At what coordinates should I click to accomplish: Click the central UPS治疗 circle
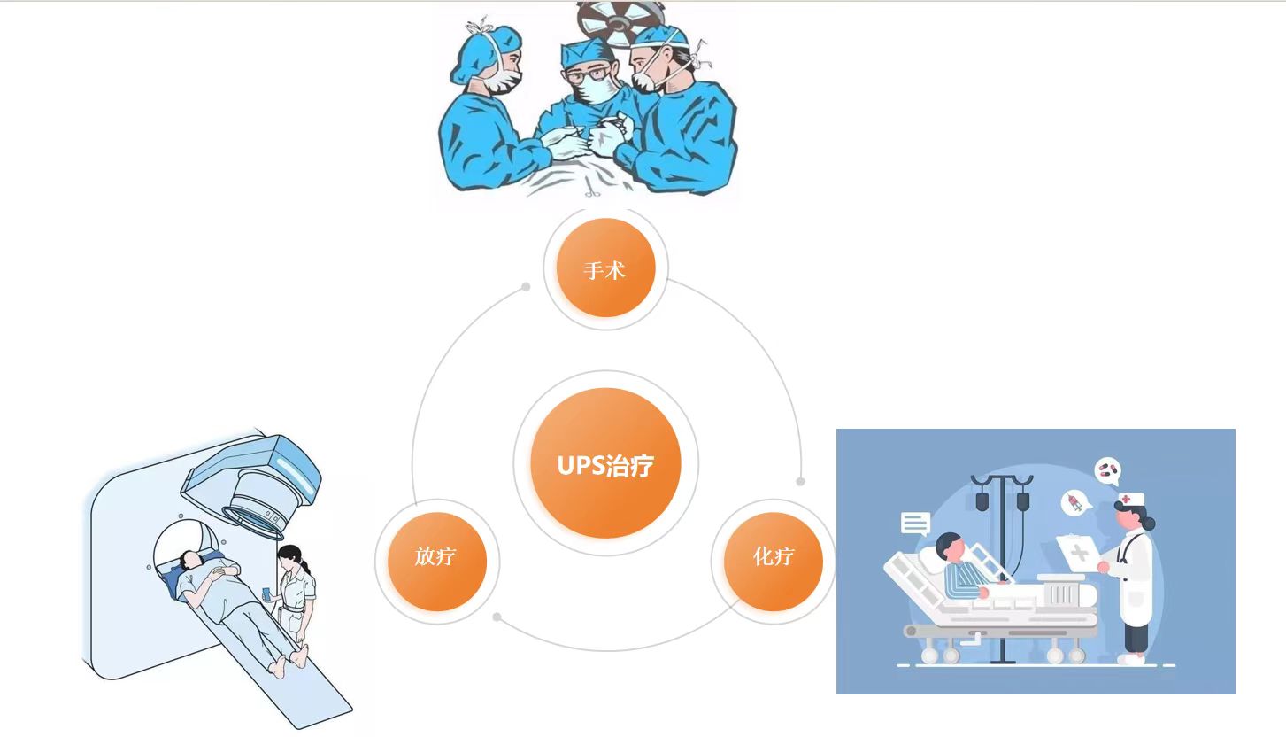click(x=605, y=463)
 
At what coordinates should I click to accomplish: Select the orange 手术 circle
click(x=605, y=268)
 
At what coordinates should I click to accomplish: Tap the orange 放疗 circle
click(x=437, y=562)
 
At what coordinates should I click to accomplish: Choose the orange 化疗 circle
click(x=774, y=562)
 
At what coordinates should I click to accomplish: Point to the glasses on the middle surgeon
click(x=588, y=74)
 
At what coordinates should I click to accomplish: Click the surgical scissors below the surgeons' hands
click(x=591, y=187)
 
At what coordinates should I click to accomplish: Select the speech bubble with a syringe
click(x=1075, y=503)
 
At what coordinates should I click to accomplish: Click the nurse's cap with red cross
click(x=1131, y=500)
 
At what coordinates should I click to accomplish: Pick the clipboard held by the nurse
click(x=1078, y=552)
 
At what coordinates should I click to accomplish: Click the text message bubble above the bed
click(x=915, y=524)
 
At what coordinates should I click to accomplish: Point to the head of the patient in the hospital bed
click(x=951, y=547)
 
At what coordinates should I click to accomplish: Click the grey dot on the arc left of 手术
click(x=526, y=287)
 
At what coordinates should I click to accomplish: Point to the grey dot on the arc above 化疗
click(x=800, y=481)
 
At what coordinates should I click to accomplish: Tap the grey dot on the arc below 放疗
click(x=497, y=617)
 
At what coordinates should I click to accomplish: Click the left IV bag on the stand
click(x=982, y=500)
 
